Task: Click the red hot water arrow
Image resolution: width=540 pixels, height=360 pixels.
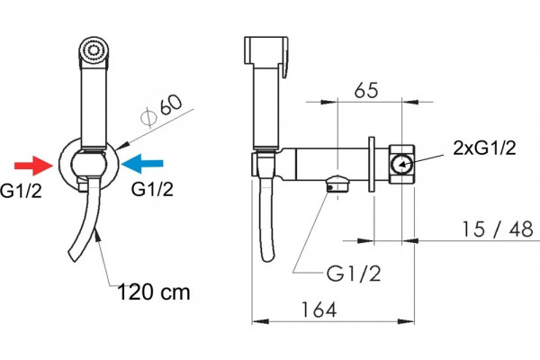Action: pos(33,166)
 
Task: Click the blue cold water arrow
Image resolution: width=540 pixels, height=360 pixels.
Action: pos(142,164)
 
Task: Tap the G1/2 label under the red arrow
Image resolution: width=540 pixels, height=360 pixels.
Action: pos(21,191)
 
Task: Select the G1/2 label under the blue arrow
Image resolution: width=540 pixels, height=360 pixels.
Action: pos(152,189)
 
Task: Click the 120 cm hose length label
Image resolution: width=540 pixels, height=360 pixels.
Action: pos(154,292)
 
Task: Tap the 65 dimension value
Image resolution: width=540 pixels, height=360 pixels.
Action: pos(366,90)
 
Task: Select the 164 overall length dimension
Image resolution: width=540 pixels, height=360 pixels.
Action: pos(319,310)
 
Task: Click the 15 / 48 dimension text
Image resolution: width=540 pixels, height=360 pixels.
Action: pos(498,229)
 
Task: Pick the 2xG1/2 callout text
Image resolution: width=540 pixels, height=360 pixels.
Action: pos(484,148)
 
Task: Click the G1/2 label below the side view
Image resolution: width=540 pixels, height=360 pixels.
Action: pos(354,274)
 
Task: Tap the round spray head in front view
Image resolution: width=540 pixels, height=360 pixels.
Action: pos(93,50)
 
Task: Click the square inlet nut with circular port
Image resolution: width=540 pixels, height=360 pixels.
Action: pos(402,164)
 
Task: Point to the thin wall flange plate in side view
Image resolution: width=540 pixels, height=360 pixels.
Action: pos(371,164)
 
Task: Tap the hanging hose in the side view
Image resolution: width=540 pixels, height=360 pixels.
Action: pos(267,220)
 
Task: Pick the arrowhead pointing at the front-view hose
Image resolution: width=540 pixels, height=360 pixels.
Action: pos(97,237)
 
